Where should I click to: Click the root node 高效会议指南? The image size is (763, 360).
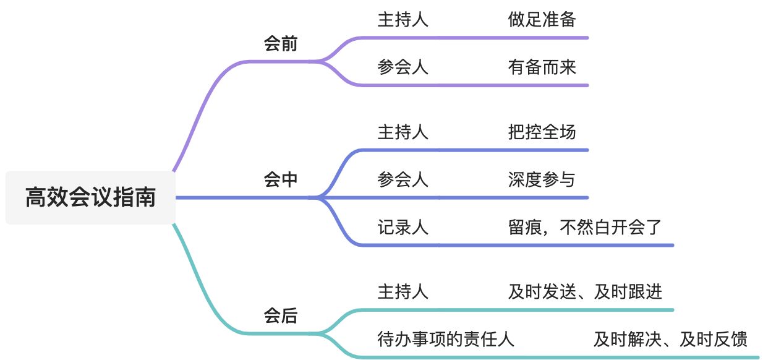(x=90, y=198)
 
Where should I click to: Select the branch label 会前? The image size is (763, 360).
(x=281, y=45)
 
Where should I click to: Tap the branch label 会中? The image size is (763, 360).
(x=281, y=180)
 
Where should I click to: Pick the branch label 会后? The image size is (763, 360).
(x=281, y=316)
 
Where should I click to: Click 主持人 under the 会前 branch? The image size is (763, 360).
(x=403, y=20)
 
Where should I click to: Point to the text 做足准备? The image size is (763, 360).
(x=542, y=20)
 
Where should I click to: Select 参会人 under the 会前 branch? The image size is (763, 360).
(x=403, y=67)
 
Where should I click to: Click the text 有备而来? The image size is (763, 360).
(x=542, y=67)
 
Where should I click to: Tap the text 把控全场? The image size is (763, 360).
(x=542, y=132)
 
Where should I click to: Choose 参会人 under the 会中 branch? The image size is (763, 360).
(x=403, y=179)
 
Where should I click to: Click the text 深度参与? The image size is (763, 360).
(x=542, y=179)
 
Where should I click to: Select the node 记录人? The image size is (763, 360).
(x=403, y=227)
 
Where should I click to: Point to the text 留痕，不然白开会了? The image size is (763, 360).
(x=584, y=227)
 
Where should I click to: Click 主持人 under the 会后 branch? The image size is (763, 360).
(x=403, y=291)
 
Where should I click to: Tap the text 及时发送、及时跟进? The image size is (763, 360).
(x=584, y=291)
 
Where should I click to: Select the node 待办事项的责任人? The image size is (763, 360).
(x=446, y=339)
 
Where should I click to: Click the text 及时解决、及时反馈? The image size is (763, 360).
(x=670, y=339)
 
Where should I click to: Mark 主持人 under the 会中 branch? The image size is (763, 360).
(x=403, y=132)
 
